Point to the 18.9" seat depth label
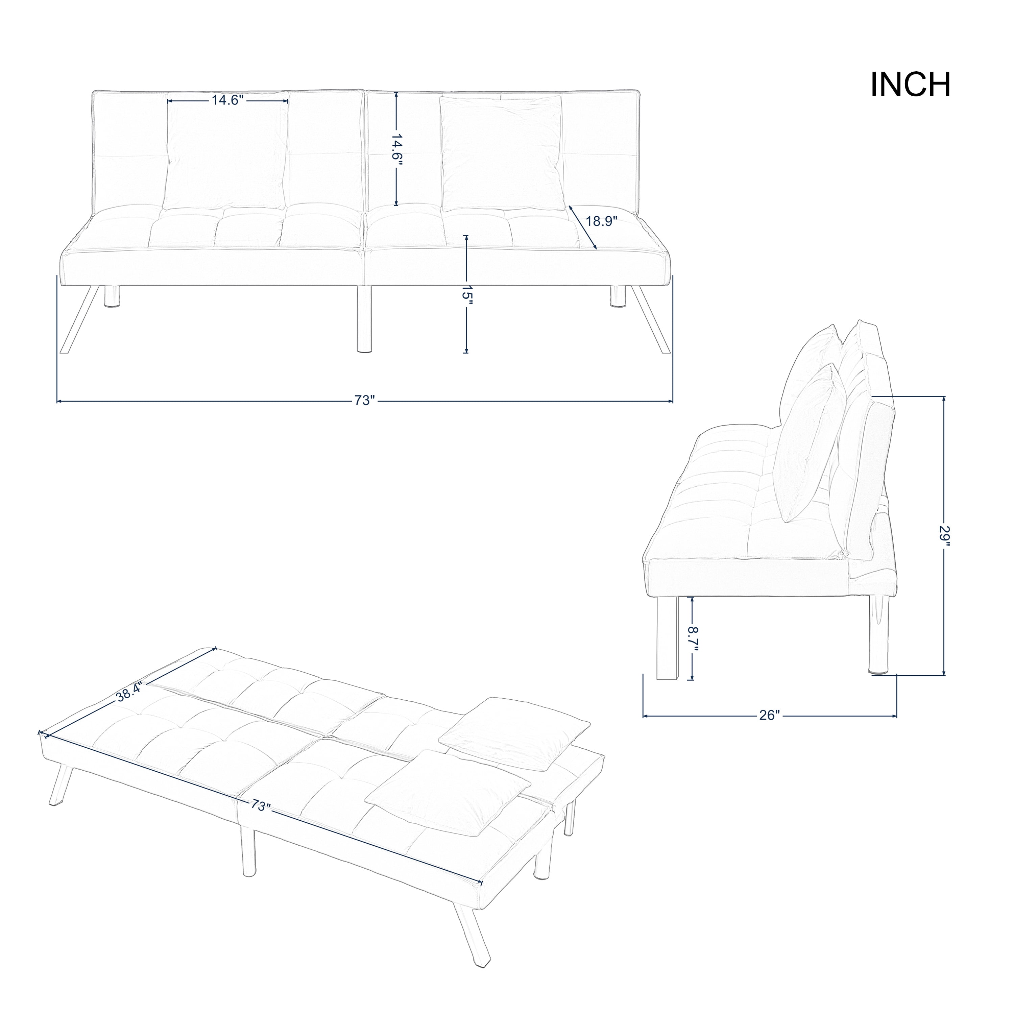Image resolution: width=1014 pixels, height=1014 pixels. pos(602,221)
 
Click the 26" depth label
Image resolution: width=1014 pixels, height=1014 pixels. pos(770,715)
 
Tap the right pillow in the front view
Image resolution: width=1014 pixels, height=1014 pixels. pos(503,154)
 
